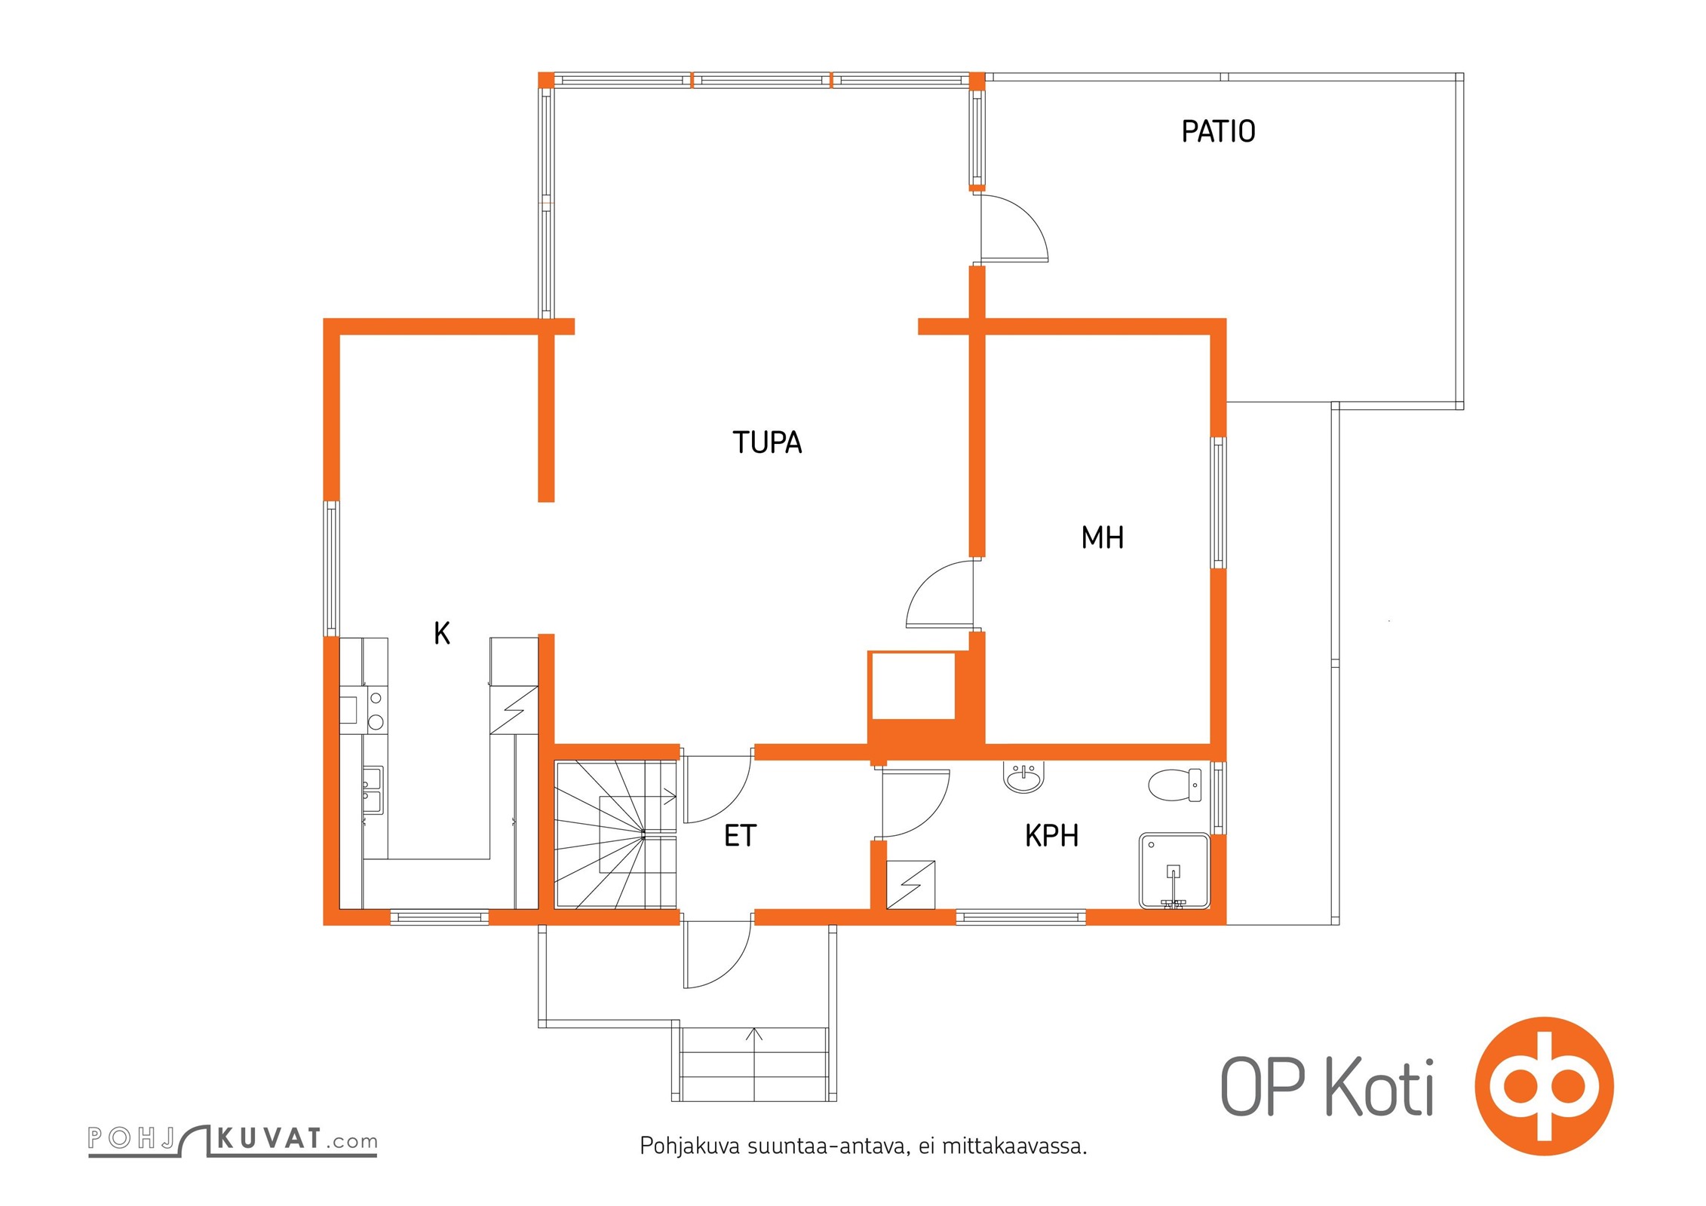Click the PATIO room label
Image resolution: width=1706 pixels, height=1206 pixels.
(x=1218, y=131)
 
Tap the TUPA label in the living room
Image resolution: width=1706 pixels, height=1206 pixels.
(x=767, y=442)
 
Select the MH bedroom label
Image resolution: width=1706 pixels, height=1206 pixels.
(x=1102, y=537)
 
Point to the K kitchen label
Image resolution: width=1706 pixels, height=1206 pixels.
(x=442, y=633)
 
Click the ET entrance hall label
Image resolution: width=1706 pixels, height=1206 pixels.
(x=740, y=836)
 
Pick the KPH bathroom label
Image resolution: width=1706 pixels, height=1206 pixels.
(x=1051, y=836)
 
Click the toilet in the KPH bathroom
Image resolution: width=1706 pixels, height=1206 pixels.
(x=1174, y=785)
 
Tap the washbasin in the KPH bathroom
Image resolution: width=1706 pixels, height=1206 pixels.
(x=1023, y=777)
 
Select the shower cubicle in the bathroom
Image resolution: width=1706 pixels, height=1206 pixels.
(x=1174, y=871)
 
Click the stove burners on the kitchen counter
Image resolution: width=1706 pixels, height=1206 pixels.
(x=375, y=710)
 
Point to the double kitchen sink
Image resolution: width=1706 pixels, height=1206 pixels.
(x=372, y=790)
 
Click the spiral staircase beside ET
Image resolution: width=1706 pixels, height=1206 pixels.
(x=616, y=835)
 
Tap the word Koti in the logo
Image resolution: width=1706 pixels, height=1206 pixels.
(x=1379, y=1088)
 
